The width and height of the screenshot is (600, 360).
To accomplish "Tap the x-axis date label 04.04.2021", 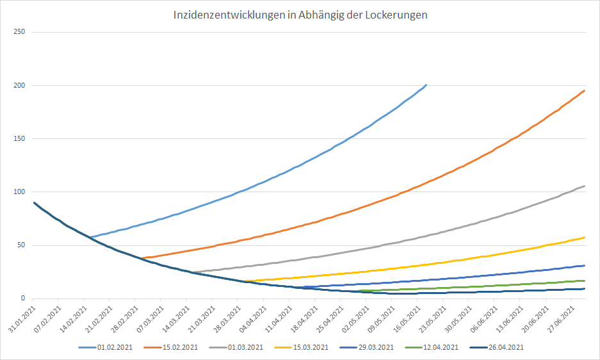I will [241, 319].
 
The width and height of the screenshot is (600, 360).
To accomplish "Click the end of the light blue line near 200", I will [426, 85].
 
